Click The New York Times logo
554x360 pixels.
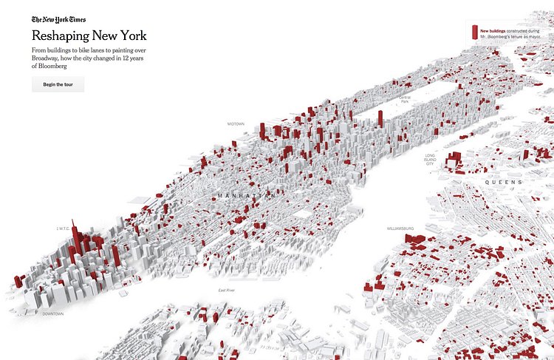point(59,21)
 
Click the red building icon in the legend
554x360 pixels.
point(474,32)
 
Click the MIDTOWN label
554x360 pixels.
point(236,123)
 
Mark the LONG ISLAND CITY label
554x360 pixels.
point(429,159)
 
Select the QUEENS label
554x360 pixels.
point(504,182)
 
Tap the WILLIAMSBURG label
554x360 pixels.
point(400,228)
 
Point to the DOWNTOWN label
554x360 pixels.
point(53,314)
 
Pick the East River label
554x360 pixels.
point(226,291)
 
